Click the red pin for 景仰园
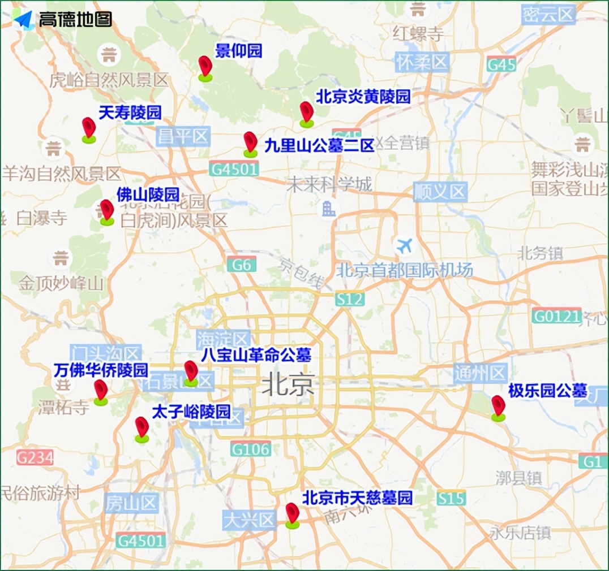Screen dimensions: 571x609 [205, 67]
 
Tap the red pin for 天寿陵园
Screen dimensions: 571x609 [88, 128]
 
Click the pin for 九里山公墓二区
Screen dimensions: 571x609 [250, 142]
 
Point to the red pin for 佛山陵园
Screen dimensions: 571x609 [107, 210]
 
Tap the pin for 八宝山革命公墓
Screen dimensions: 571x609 [191, 371]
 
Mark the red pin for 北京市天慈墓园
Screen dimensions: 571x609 [292, 514]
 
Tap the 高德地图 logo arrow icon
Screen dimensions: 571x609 [23, 20]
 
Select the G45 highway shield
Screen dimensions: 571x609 [501, 64]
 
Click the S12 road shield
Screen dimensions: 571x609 [349, 299]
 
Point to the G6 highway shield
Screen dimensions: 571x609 [242, 264]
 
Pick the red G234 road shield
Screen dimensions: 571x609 [35, 457]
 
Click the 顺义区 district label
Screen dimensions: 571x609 [440, 192]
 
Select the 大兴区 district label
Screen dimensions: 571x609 [249, 520]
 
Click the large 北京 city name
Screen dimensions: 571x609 [288, 386]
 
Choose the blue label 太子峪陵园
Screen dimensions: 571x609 [191, 411]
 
